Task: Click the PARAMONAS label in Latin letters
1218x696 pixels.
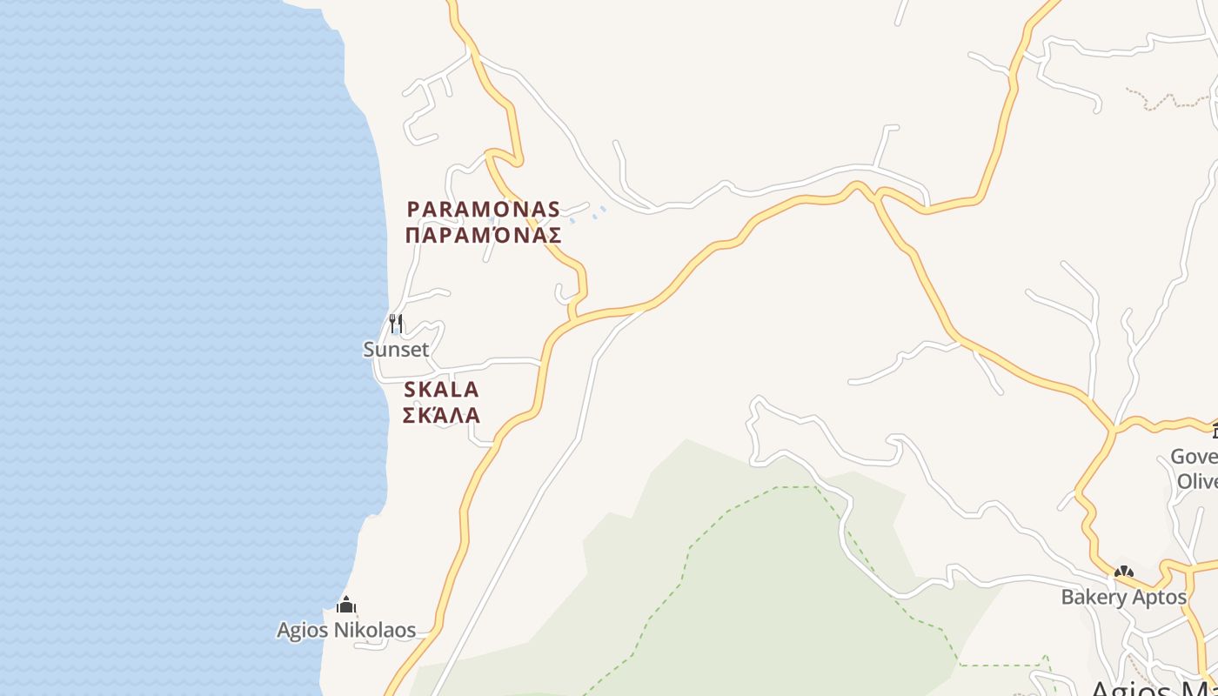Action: click(x=484, y=210)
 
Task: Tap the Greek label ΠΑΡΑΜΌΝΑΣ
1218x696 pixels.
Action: click(x=484, y=235)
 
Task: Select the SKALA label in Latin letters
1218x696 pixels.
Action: click(x=442, y=390)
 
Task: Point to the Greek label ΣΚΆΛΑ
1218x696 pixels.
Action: click(x=442, y=415)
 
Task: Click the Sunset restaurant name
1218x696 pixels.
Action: click(x=396, y=350)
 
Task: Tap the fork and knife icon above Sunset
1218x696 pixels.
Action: click(x=396, y=324)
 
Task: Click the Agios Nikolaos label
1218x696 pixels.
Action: click(x=346, y=630)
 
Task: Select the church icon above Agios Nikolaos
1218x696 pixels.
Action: click(x=346, y=605)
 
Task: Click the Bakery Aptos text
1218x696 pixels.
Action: click(x=1124, y=597)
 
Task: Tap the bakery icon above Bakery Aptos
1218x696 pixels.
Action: click(x=1124, y=572)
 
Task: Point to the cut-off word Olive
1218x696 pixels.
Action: click(x=1197, y=481)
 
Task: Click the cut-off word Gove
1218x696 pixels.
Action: click(x=1194, y=457)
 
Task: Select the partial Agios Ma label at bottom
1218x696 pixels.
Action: click(x=1153, y=687)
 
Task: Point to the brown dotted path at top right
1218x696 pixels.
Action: click(x=1166, y=100)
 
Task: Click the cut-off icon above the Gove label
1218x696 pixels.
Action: click(x=1215, y=431)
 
